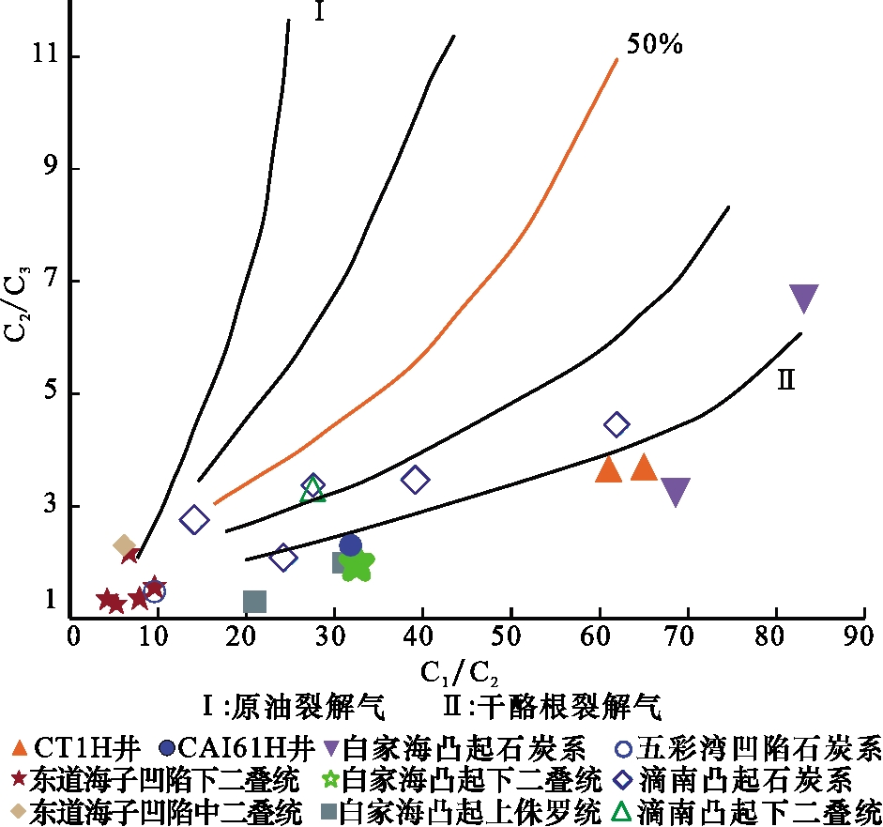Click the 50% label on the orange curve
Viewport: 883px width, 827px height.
pos(655,43)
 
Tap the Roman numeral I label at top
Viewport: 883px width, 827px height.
pos(318,12)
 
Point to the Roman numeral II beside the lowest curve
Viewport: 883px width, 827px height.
pos(786,379)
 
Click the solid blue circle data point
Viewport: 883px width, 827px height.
pos(350,544)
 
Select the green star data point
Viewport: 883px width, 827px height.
pos(358,564)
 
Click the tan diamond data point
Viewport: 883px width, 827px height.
pos(125,545)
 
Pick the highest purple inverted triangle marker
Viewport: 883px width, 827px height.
pos(803,299)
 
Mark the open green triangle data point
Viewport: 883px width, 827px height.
pos(312,490)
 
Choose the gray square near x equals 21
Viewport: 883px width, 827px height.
pos(254,601)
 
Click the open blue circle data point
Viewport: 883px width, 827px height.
pos(155,591)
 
